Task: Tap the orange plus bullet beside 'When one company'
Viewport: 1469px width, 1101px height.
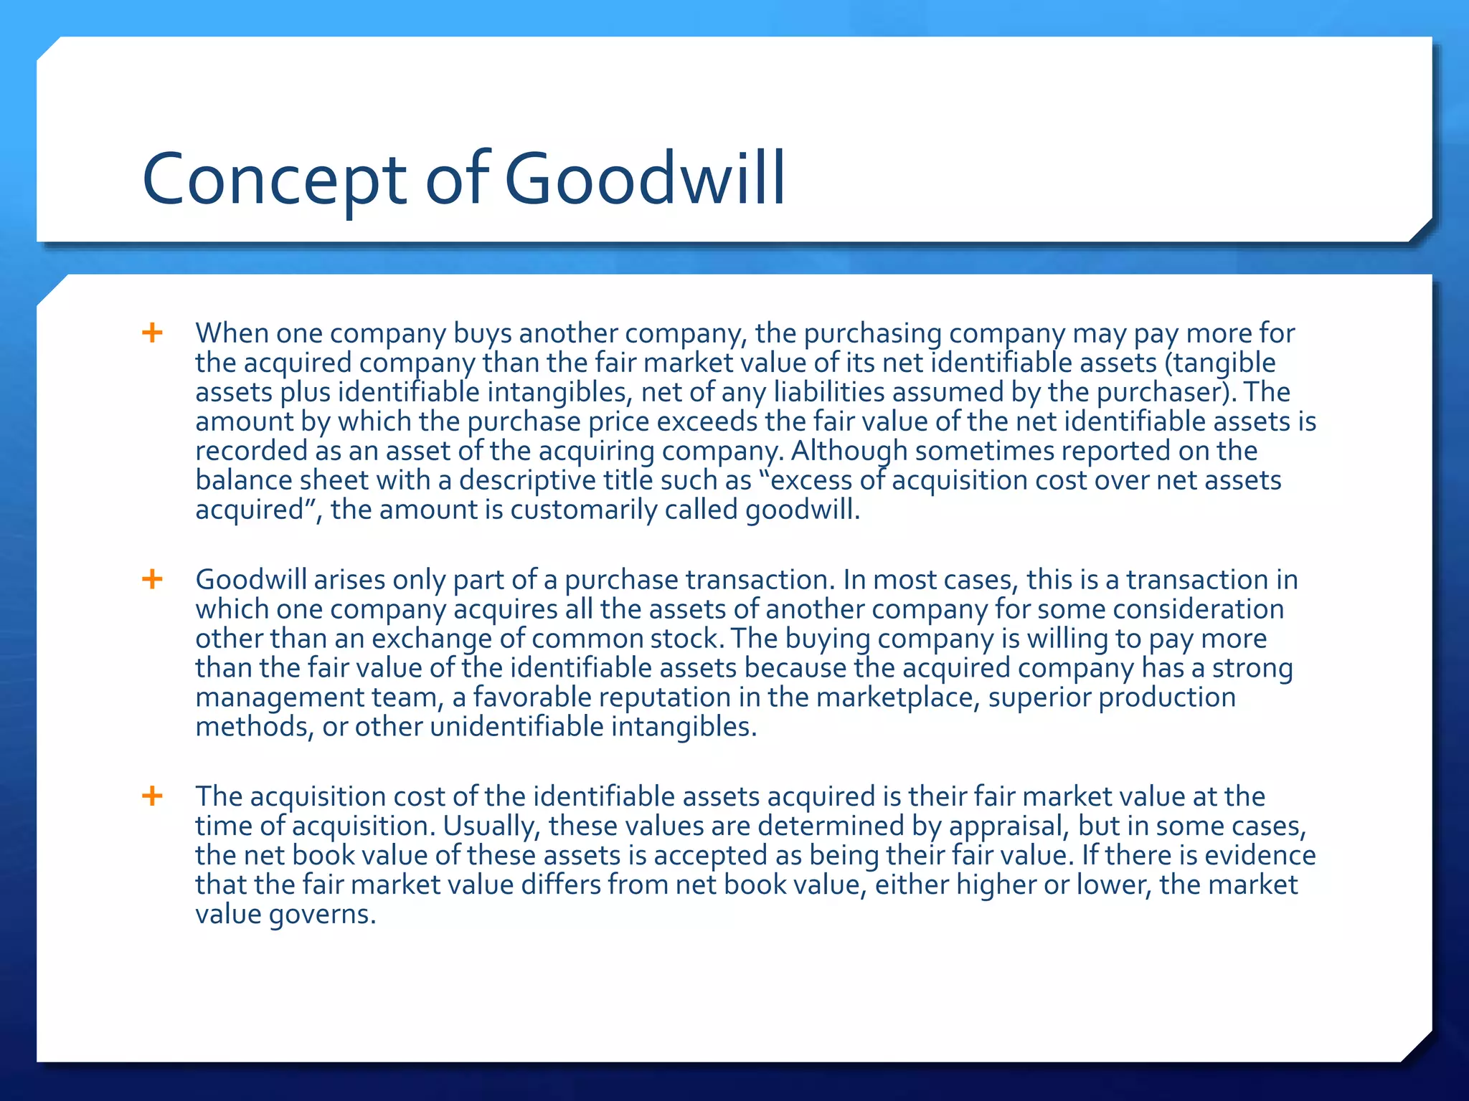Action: point(152,333)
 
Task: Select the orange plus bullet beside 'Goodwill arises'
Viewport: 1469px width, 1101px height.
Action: point(152,578)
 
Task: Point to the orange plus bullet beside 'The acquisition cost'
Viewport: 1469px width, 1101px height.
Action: point(152,796)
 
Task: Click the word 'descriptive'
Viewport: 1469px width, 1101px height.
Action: point(526,480)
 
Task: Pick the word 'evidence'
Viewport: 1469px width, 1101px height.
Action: point(1260,855)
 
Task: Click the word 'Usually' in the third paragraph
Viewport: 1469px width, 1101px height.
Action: point(491,826)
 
